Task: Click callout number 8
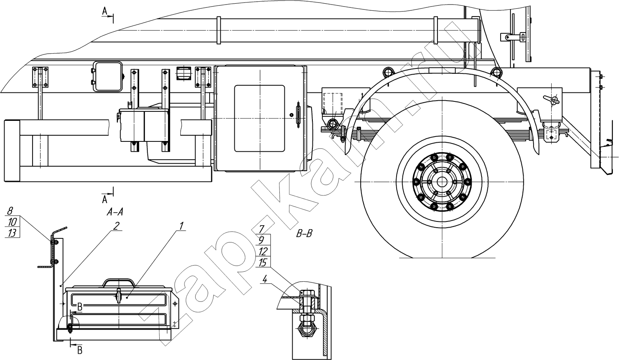10,212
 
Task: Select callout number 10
12,222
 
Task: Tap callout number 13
12,233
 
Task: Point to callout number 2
116,226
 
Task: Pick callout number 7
261,229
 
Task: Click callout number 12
263,252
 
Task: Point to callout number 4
265,280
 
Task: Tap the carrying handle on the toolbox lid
118,282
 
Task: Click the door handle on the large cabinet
298,115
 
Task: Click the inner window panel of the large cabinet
260,118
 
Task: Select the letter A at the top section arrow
104,11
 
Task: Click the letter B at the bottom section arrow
80,351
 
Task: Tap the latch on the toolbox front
118,295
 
